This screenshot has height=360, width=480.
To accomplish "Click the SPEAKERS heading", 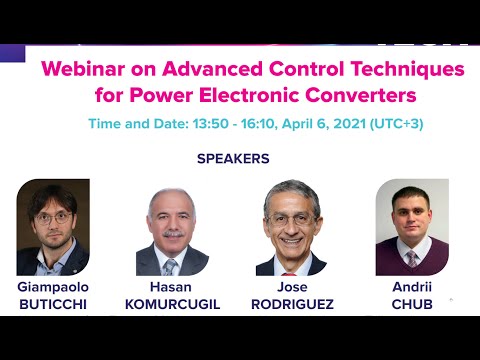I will [233, 158].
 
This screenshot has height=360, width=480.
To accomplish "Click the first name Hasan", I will [171, 286].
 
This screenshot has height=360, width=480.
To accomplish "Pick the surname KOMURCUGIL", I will [171, 303].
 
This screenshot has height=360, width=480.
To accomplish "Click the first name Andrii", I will [411, 286].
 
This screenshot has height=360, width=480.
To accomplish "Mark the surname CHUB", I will [411, 303].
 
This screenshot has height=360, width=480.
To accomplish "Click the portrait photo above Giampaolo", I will [53, 228].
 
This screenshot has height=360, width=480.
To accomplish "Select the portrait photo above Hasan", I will [171, 232].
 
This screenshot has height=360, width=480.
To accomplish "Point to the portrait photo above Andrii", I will [411, 228].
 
